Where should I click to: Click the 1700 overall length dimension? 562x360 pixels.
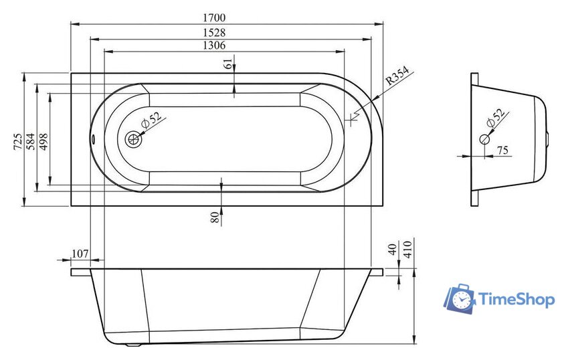coord(214,17)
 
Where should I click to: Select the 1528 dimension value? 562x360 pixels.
coord(214,32)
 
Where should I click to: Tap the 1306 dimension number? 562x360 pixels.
coord(214,46)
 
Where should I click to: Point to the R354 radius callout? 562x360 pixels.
coord(397,76)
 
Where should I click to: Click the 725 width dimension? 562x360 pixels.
coord(18,141)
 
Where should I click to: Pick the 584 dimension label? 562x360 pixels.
coord(31,141)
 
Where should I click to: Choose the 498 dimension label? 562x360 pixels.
coord(43,141)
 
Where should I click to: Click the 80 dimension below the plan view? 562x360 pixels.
coord(215,217)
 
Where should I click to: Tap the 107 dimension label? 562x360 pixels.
coord(80,254)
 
